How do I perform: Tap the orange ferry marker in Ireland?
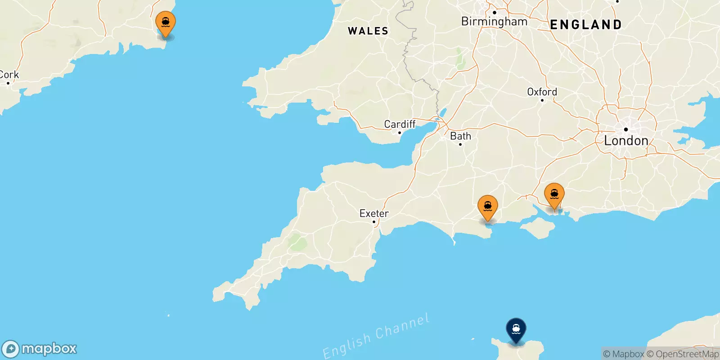pyautogui.click(x=166, y=22)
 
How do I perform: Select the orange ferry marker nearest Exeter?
pyautogui.click(x=488, y=207)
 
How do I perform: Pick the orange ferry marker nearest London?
pyautogui.click(x=554, y=194)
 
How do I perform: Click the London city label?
pyautogui.click(x=626, y=141)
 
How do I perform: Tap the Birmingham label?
pyautogui.click(x=494, y=22)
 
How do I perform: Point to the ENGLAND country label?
pyautogui.click(x=586, y=25)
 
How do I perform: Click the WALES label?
pyautogui.click(x=368, y=31)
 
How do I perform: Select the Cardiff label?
pyautogui.click(x=400, y=124)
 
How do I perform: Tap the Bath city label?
pyautogui.click(x=460, y=136)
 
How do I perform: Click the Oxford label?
pyautogui.click(x=542, y=92)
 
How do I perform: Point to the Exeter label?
pyautogui.click(x=374, y=213)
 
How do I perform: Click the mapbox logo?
pyautogui.click(x=39, y=349)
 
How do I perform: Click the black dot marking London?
pyautogui.click(x=625, y=130)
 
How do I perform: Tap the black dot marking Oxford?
pyautogui.click(x=542, y=100)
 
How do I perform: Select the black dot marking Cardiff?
pyautogui.click(x=399, y=133)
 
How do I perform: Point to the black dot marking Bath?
pyautogui.click(x=460, y=144)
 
